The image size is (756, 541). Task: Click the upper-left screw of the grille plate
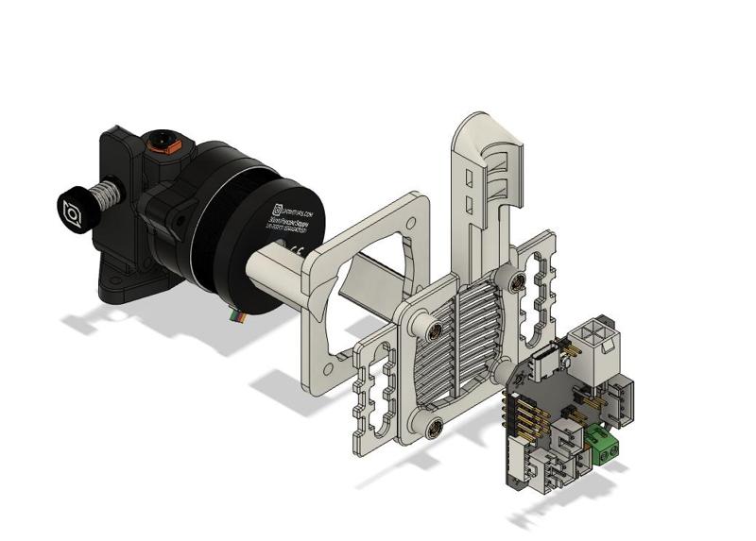436,330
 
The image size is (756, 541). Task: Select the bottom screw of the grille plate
435,427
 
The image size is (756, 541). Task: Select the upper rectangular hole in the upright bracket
470,179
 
